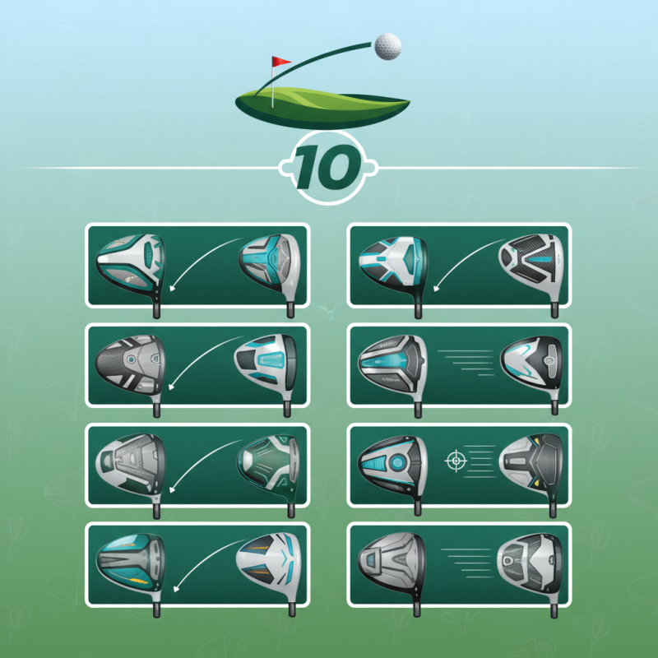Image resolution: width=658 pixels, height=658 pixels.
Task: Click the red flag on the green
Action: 281,63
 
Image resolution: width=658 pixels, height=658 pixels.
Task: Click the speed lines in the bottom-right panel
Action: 466,558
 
